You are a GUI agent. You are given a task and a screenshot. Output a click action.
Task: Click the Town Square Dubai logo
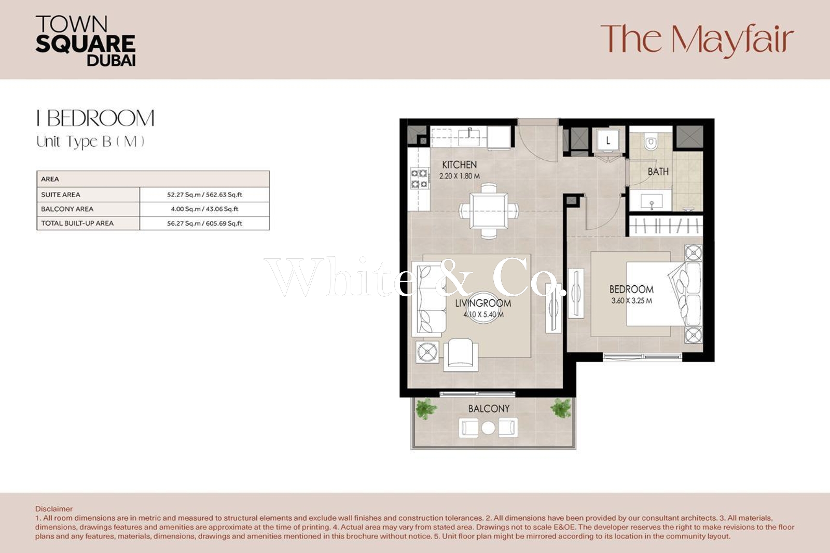pyautogui.click(x=85, y=41)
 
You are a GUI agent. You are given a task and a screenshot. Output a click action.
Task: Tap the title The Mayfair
pyautogui.click(x=697, y=40)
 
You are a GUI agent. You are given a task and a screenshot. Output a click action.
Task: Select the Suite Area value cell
pyautogui.click(x=204, y=195)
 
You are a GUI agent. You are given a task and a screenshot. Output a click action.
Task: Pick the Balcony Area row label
pyautogui.click(x=67, y=209)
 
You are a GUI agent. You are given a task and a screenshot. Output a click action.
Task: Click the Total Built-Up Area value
pyautogui.click(x=204, y=224)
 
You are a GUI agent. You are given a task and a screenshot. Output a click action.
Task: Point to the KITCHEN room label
pyautogui.click(x=460, y=164)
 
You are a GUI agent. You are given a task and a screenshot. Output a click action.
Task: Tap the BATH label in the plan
pyautogui.click(x=658, y=172)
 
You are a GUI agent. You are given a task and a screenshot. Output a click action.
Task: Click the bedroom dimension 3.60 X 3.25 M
pyautogui.click(x=631, y=300)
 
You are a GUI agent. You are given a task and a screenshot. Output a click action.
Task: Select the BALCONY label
pyautogui.click(x=489, y=409)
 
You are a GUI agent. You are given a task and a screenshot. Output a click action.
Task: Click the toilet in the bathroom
pyautogui.click(x=651, y=141)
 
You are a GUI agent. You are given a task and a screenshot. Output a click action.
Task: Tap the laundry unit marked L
pyautogui.click(x=608, y=141)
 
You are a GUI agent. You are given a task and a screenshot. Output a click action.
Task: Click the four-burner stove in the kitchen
pyautogui.click(x=420, y=178)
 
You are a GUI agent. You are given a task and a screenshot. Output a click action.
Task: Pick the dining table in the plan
pyautogui.click(x=489, y=211)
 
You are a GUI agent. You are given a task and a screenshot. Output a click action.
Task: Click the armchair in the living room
pyautogui.click(x=461, y=355)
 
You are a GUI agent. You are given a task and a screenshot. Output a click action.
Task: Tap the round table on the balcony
pyautogui.click(x=488, y=428)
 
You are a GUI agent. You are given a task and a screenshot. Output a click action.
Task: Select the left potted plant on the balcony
pyautogui.click(x=426, y=408)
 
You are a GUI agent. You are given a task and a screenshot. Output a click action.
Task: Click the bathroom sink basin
pyautogui.click(x=651, y=201)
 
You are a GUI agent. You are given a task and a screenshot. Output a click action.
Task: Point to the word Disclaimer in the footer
pyautogui.click(x=54, y=509)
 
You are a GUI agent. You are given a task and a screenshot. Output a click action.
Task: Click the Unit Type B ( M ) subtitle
pyautogui.click(x=90, y=142)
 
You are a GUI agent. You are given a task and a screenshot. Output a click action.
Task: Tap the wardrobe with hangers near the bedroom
pyautogui.click(x=666, y=225)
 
